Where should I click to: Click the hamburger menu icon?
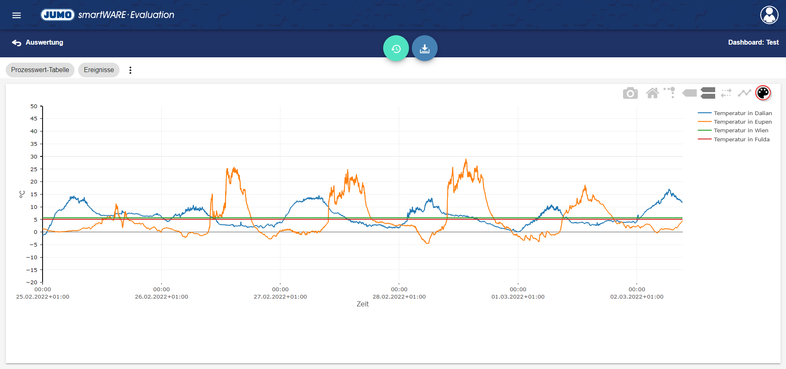[x=16, y=15]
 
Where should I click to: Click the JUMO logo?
[x=58, y=15]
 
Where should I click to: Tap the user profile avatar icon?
[x=769, y=15]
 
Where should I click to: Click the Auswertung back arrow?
[x=17, y=43]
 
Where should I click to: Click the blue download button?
[x=425, y=48]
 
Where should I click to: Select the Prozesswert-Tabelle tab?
[x=40, y=70]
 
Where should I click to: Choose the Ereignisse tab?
[x=99, y=70]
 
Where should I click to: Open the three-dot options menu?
[x=130, y=70]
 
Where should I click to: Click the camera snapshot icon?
[x=630, y=93]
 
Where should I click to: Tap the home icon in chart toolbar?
[x=653, y=93]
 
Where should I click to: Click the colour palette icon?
[x=763, y=93]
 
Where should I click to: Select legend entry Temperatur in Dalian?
[x=743, y=113]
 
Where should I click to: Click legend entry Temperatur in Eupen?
[x=743, y=122]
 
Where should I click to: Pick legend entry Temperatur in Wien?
[x=741, y=130]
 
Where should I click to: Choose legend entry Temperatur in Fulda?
[x=741, y=139]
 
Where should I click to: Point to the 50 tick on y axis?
[x=34, y=106]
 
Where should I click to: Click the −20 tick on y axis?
[x=32, y=282]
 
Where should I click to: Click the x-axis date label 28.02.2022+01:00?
[x=399, y=297]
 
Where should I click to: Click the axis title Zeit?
[x=362, y=304]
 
